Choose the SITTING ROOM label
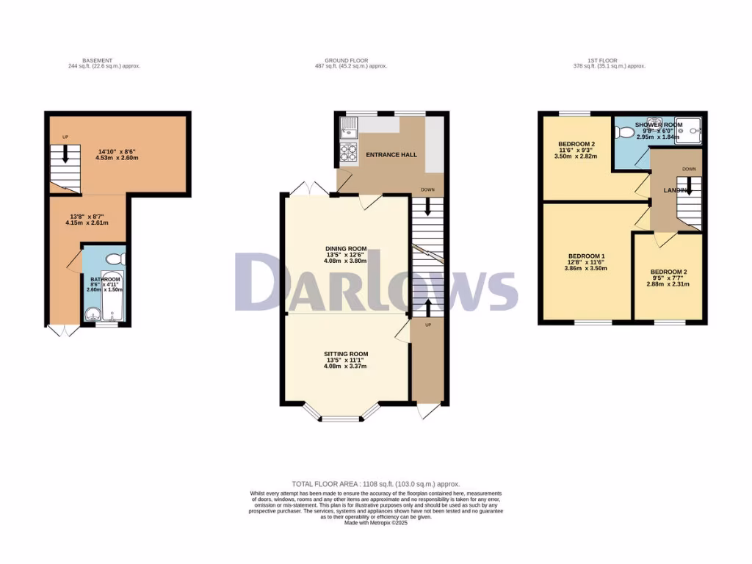coord(345,354)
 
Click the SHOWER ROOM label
coord(659,126)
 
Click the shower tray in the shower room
coord(693,129)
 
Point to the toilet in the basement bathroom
coord(115,259)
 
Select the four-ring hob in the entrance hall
coord(347,153)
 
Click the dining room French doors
coord(305,189)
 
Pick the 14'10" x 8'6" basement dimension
coord(117,151)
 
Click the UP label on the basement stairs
coord(65,137)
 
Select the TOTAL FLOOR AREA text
coord(375,484)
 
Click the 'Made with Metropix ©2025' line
coord(375,522)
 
